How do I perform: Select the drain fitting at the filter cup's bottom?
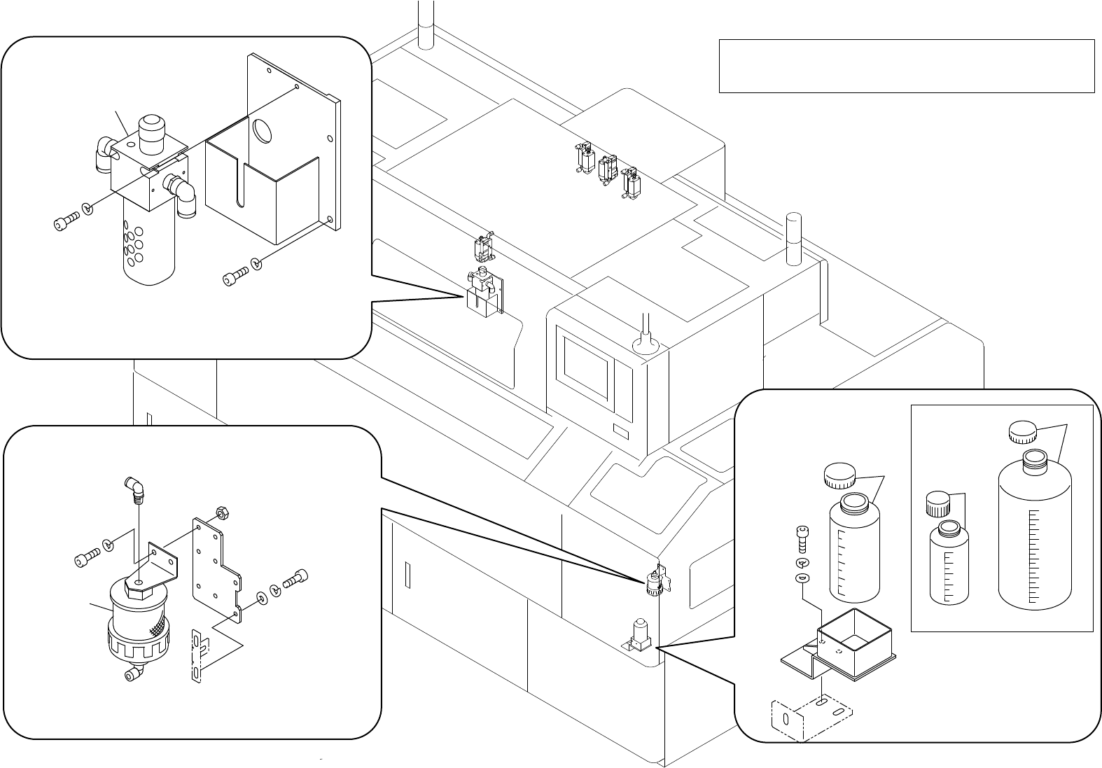point(131,675)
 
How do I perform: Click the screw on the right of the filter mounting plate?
point(295,580)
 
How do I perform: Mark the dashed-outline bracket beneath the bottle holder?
point(811,718)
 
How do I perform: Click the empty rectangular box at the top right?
point(906,66)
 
